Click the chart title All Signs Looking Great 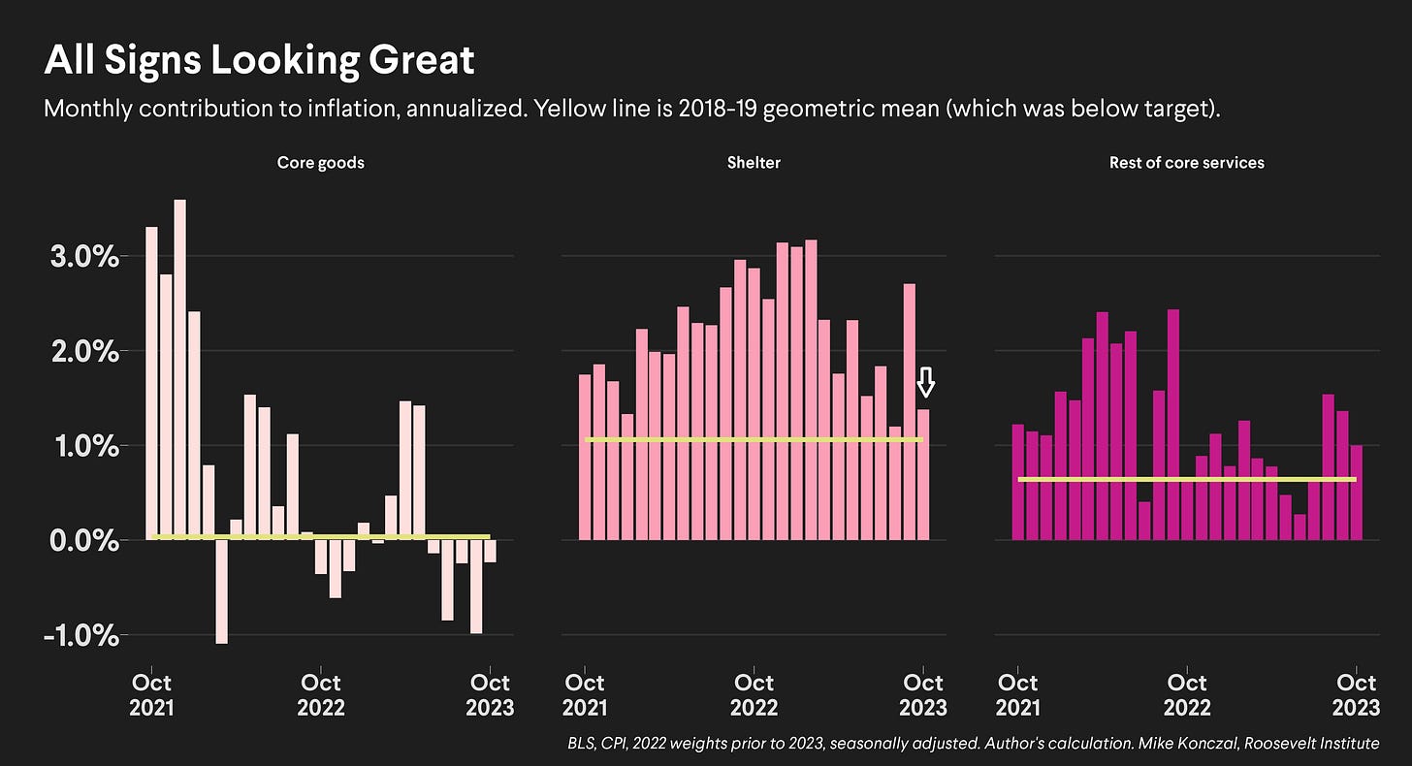point(259,61)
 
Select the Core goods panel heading point(321,163)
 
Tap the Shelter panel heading point(754,163)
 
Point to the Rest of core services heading point(1186,163)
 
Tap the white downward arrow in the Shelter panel point(926,382)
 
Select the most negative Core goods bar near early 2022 point(222,591)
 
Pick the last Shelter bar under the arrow point(923,475)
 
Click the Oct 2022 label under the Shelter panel point(754,694)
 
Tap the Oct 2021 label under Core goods point(151,694)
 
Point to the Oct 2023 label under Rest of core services point(1357,694)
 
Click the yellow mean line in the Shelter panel point(754,440)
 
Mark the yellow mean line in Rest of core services point(1186,479)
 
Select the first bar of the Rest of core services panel point(1017,482)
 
